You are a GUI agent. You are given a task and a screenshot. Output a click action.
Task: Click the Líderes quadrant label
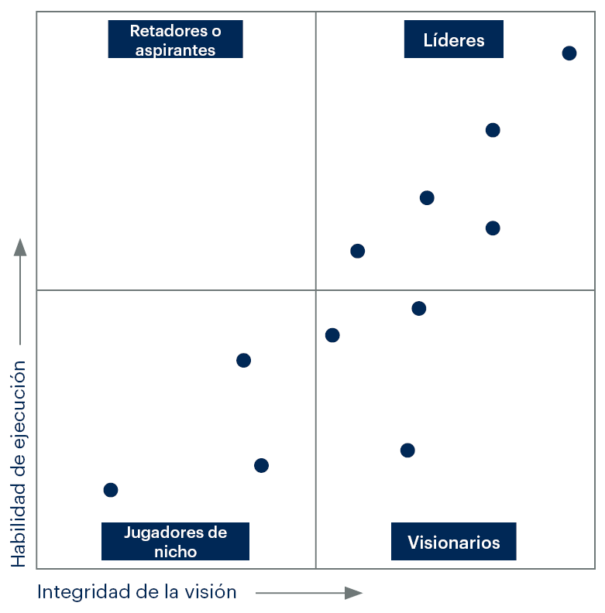(453, 40)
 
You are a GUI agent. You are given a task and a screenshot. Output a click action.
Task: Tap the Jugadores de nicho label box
(175, 542)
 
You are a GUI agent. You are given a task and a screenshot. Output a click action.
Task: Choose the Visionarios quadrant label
(453, 542)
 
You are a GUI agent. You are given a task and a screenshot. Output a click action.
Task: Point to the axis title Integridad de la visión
(137, 592)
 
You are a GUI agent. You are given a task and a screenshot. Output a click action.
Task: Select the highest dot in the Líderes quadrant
(569, 53)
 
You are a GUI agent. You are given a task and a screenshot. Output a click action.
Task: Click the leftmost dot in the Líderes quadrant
(357, 251)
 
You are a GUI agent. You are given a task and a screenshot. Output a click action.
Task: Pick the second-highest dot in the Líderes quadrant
(493, 130)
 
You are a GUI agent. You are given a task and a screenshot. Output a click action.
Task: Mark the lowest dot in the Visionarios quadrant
(407, 450)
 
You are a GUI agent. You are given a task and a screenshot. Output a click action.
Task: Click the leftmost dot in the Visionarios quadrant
(332, 335)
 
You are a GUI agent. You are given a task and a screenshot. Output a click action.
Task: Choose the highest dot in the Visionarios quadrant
(419, 309)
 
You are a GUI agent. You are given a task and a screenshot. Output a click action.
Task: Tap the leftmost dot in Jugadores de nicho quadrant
(111, 490)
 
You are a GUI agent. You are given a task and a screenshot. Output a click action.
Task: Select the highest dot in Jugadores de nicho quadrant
(243, 360)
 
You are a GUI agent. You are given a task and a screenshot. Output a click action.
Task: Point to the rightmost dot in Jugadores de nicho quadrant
(261, 465)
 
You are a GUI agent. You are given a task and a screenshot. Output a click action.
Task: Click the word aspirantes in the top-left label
(175, 50)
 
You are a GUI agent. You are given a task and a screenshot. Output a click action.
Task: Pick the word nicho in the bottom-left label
(175, 551)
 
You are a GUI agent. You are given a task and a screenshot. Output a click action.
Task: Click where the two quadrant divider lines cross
(316, 290)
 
